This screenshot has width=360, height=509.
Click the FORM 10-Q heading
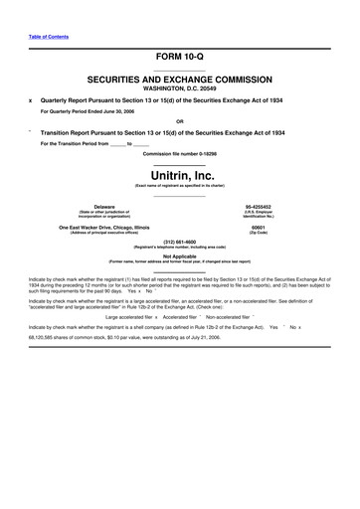click(x=180, y=58)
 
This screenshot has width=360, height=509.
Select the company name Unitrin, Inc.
click(x=180, y=175)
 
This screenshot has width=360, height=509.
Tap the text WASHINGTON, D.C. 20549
click(x=180, y=87)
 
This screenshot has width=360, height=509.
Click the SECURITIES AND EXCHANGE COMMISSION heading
click(x=180, y=78)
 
